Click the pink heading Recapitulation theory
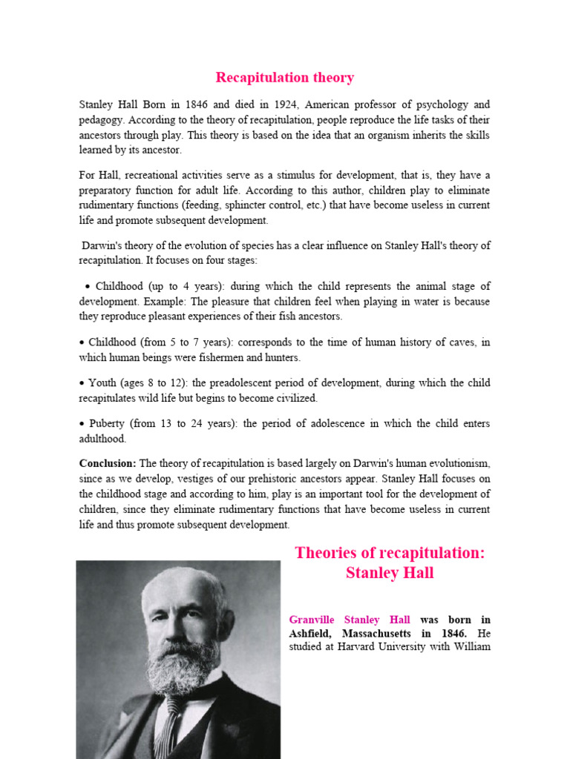[x=284, y=78]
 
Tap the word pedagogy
[x=102, y=120]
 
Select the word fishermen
[x=212, y=357]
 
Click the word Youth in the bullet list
[x=102, y=383]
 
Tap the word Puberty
[x=107, y=424]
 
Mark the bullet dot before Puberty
[x=82, y=424]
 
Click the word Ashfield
[x=311, y=634]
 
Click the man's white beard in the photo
[x=181, y=660]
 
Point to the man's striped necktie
[x=173, y=719]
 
